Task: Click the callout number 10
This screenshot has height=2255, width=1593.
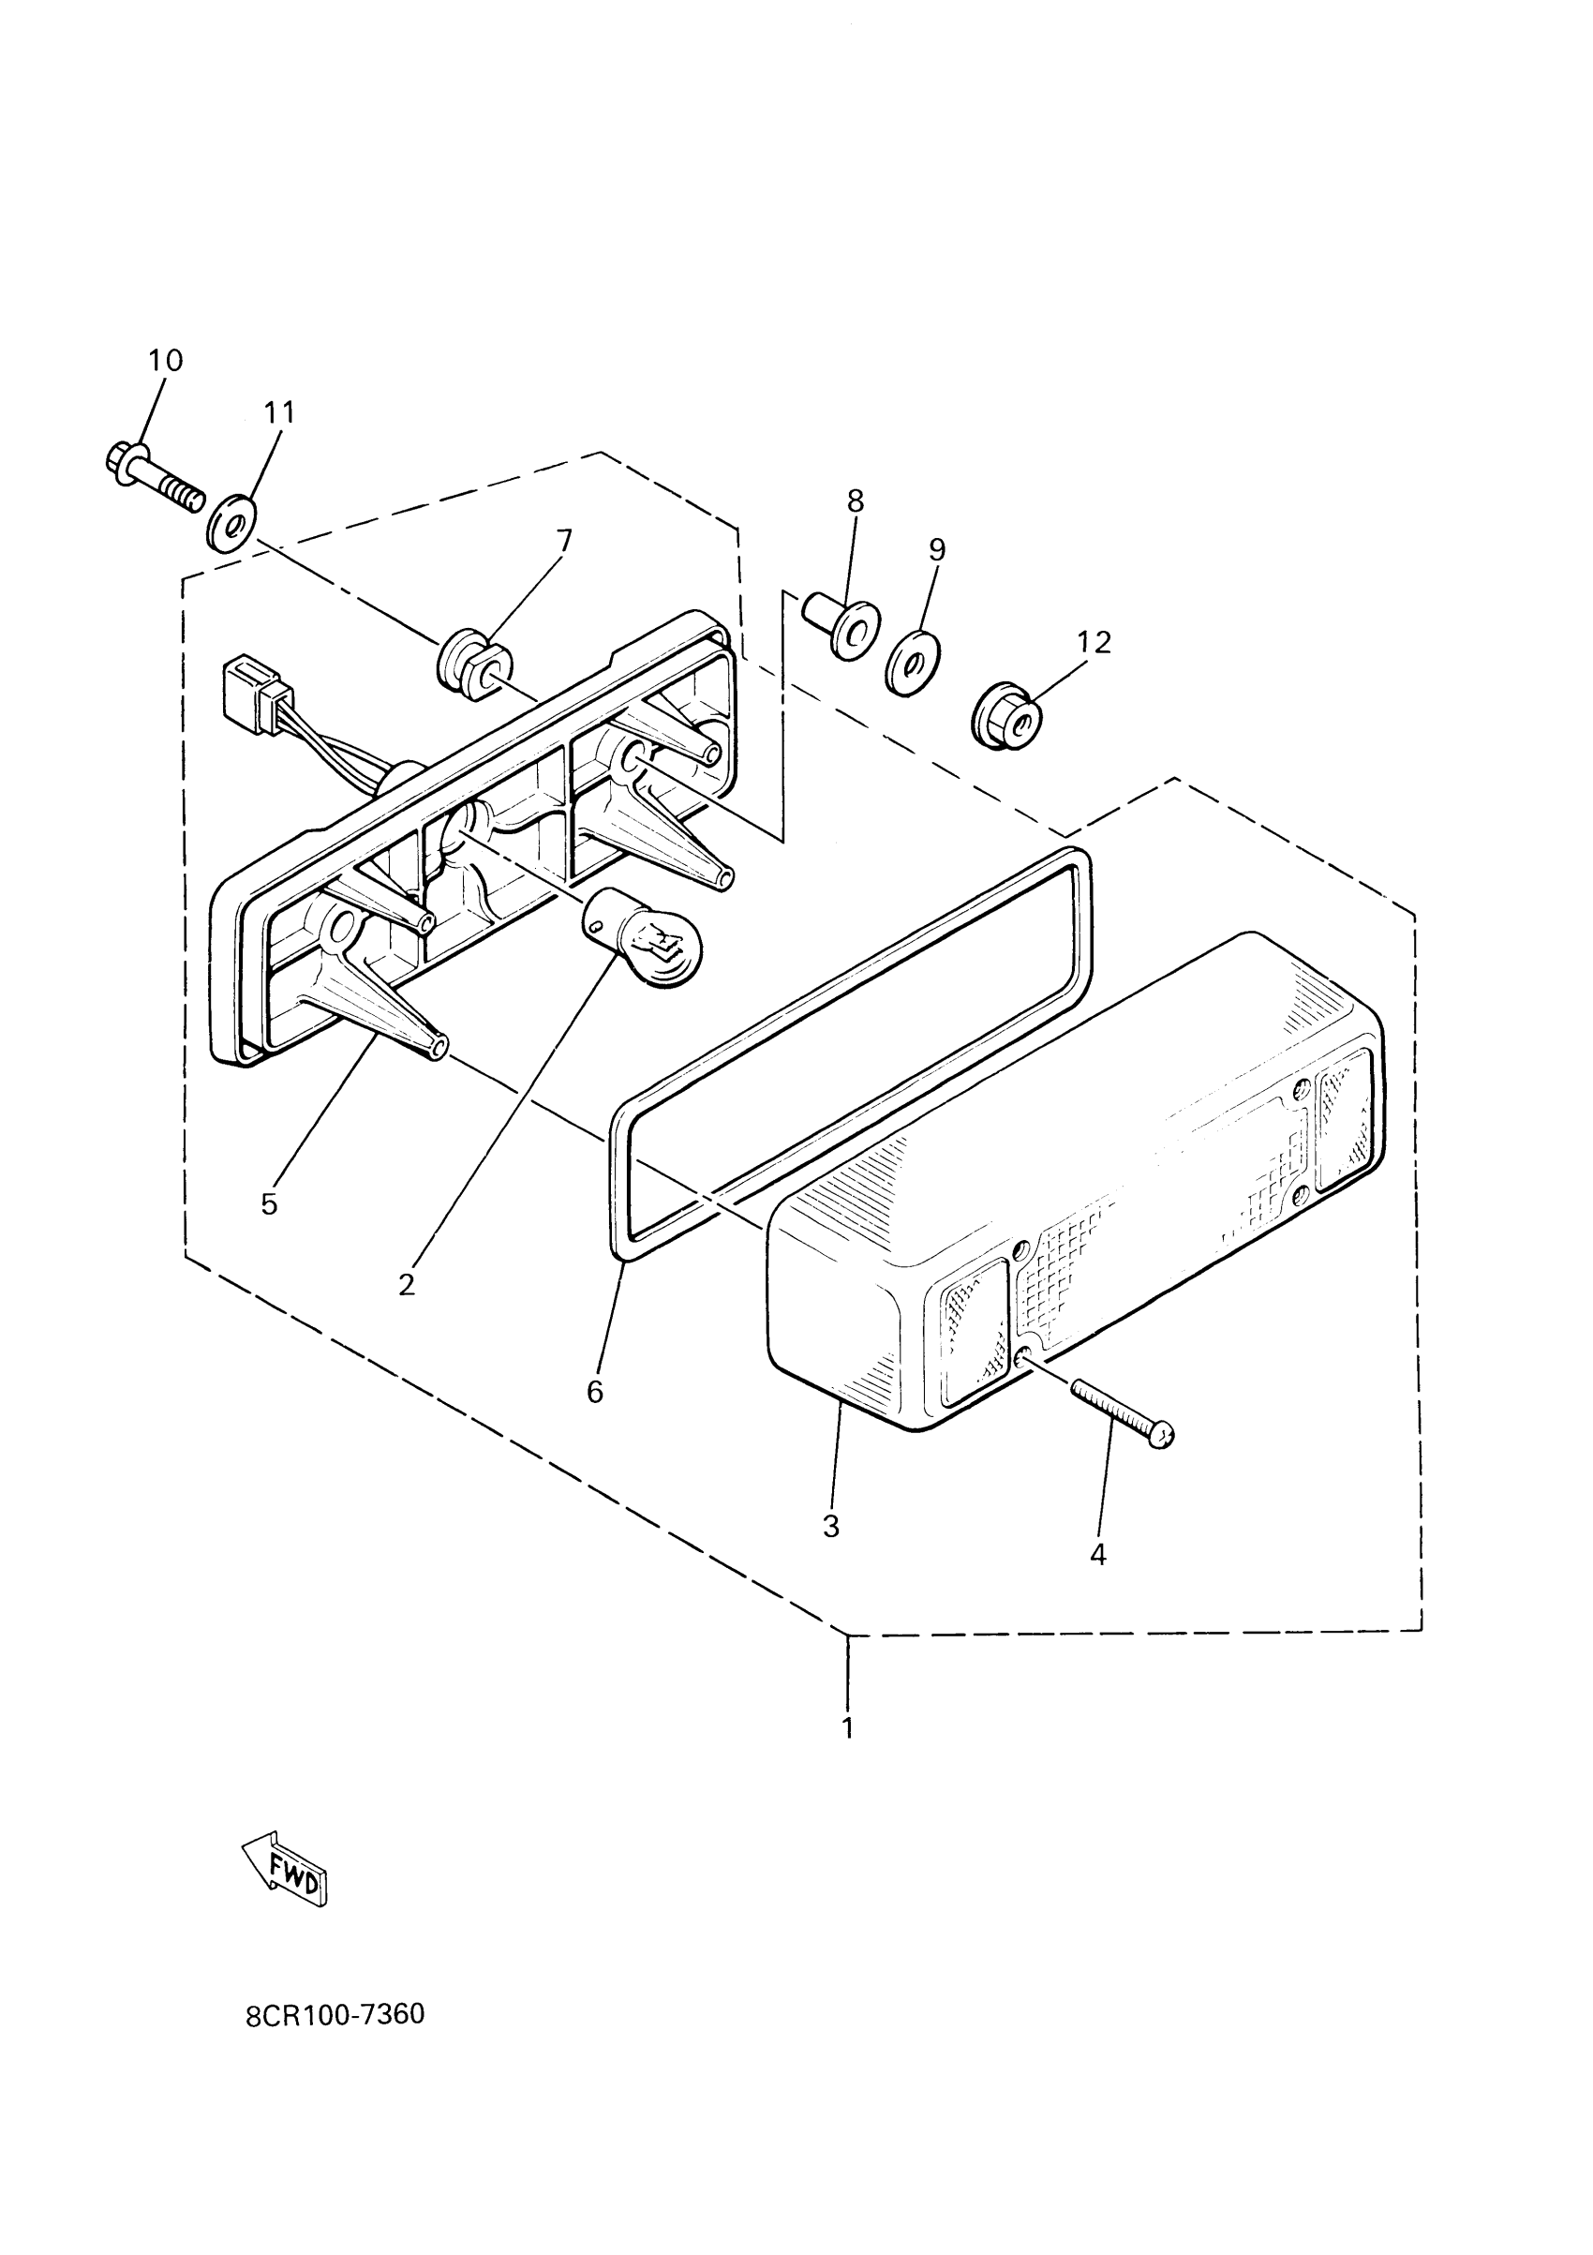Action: click(165, 361)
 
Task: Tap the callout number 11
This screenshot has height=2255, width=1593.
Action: click(280, 412)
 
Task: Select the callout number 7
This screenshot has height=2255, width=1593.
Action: click(564, 540)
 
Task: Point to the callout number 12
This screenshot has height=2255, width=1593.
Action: click(1094, 642)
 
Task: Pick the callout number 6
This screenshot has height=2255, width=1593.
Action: click(595, 1391)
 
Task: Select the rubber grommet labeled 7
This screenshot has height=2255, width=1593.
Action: click(467, 664)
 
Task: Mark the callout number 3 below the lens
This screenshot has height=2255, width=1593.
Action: click(831, 1525)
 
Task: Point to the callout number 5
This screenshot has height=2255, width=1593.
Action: click(269, 1204)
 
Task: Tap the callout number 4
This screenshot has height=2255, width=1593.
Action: click(1098, 1554)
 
